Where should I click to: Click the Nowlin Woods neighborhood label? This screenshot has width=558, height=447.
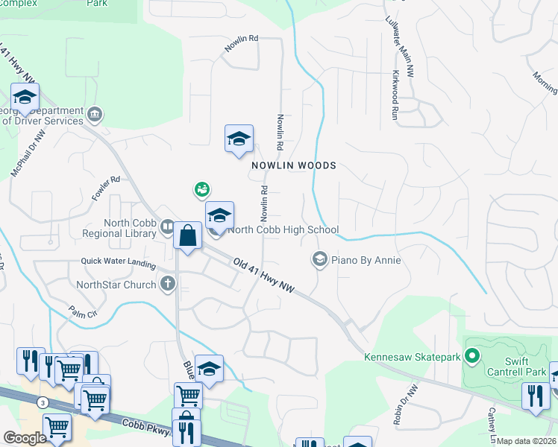(293, 165)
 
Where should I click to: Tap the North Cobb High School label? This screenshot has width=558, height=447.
(283, 230)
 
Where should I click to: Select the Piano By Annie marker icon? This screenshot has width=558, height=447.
(319, 259)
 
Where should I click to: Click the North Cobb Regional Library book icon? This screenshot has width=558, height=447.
(167, 226)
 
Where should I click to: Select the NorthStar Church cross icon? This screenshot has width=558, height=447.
(168, 284)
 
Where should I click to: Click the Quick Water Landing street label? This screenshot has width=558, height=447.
(119, 263)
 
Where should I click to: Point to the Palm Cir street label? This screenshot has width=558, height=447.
(83, 312)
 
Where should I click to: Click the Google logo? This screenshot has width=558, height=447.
(25, 437)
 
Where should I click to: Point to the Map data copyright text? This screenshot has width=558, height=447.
(527, 441)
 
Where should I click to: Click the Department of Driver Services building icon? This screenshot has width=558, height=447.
(94, 115)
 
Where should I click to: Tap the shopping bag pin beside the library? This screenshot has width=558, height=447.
(188, 237)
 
